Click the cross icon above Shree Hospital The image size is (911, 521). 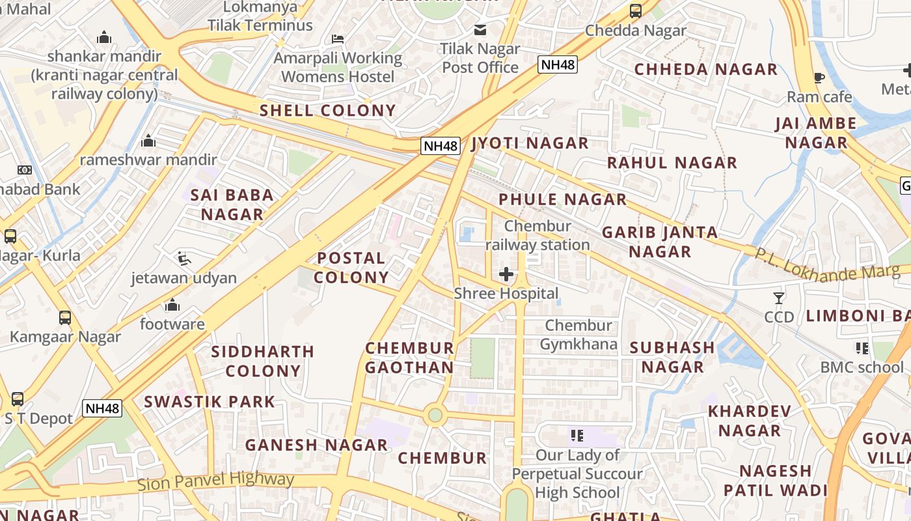point(506,274)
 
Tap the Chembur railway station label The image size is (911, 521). point(537,235)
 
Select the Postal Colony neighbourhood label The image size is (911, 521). point(351,268)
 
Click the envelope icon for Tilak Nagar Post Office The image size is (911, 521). point(480,29)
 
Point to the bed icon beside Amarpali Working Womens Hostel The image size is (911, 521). point(337,39)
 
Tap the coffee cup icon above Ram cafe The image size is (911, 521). point(819,78)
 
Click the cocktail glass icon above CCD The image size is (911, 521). point(779,298)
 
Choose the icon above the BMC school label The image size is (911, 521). point(862,348)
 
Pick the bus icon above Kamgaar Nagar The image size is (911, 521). point(65,318)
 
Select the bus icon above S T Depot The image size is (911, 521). point(18,399)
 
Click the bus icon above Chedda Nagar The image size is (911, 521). point(636,11)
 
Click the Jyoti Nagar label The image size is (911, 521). point(530,143)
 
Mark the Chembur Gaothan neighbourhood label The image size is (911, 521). point(409,358)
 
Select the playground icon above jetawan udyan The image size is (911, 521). point(184,259)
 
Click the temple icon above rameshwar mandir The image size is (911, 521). point(148,141)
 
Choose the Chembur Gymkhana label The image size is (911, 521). point(578,334)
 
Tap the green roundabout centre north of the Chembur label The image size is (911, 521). point(435,415)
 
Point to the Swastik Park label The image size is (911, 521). point(210,401)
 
